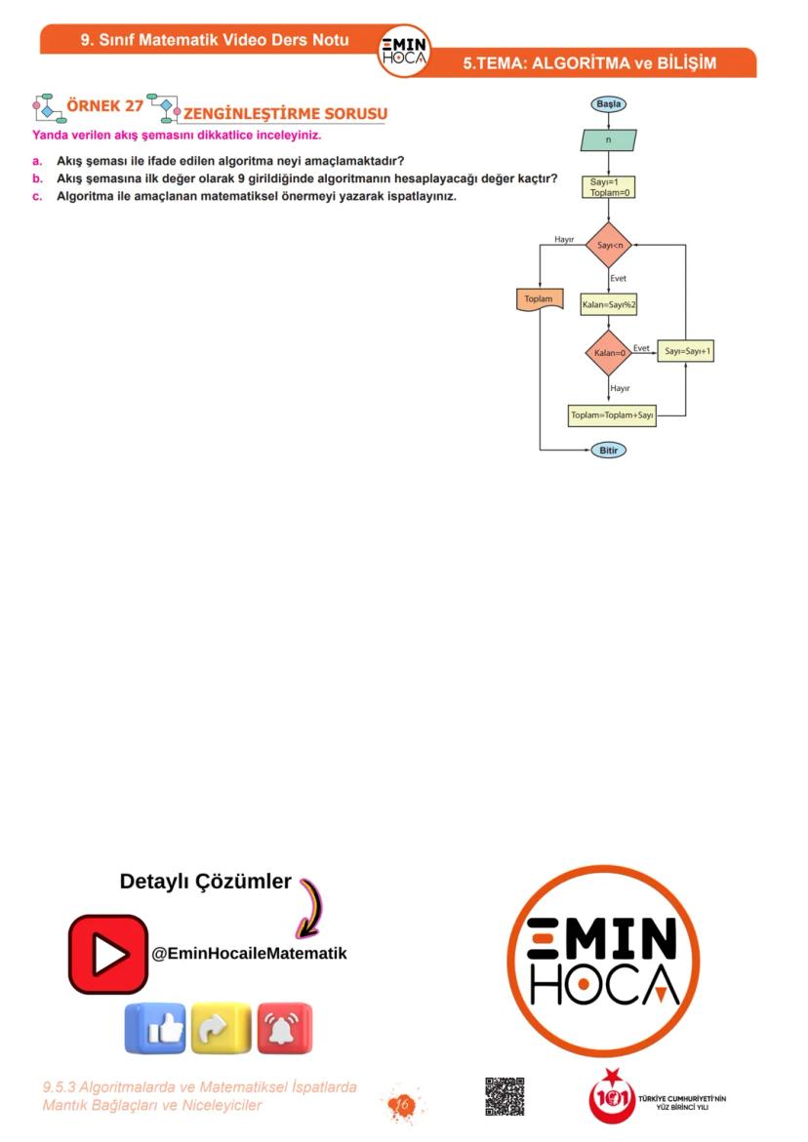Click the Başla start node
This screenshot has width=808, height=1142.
point(608,103)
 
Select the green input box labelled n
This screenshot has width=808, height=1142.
point(608,139)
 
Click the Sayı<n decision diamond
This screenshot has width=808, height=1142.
point(609,245)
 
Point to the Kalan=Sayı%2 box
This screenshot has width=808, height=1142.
point(609,305)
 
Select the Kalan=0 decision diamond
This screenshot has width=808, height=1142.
point(609,352)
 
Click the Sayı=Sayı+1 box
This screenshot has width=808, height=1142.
point(685,351)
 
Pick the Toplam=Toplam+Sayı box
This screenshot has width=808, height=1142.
point(612,415)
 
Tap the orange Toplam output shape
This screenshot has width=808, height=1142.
point(539,300)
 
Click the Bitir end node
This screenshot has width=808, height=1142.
point(608,451)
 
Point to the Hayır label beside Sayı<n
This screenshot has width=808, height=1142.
point(564,240)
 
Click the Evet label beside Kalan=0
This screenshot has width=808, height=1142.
point(641,347)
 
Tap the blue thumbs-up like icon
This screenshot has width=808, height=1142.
point(154,1028)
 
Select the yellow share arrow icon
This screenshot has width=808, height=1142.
point(221,1028)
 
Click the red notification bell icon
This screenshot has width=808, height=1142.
point(284,1028)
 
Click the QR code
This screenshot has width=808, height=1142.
point(505,1096)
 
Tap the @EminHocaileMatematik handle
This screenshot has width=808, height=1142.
point(249,954)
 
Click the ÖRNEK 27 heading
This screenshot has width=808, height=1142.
point(104,105)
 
